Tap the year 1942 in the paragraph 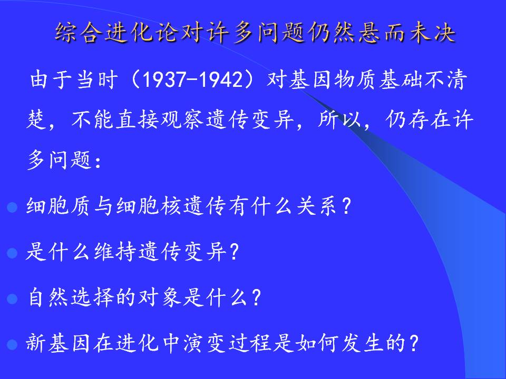221,79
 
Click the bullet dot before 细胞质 12,207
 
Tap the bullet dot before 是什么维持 12,253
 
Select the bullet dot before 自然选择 12,299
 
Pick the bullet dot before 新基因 12,344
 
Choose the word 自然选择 71,297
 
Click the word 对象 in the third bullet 159,297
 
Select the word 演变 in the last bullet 205,343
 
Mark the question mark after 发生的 413,343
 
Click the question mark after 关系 346,206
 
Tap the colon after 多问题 98,161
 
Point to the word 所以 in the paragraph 339,120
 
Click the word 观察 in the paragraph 182,120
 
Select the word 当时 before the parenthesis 97,79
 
